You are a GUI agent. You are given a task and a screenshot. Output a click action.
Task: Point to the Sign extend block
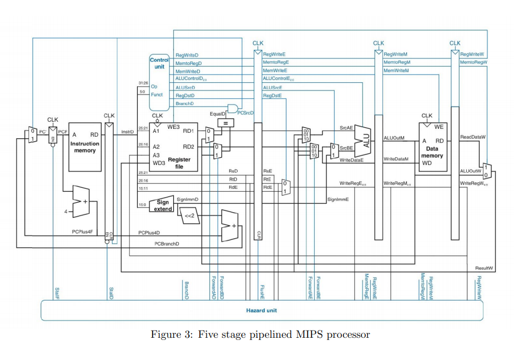163,206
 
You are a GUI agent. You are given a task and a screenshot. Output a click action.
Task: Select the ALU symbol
366,137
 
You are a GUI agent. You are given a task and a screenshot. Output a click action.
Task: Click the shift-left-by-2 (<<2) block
190,216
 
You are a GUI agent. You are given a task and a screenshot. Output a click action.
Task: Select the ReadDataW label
472,137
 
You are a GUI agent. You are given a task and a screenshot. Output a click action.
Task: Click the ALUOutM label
394,137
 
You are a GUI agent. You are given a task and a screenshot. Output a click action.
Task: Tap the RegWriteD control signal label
187,56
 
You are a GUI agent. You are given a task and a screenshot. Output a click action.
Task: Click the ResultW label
483,268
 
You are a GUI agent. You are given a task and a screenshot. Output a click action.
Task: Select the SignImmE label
337,199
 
